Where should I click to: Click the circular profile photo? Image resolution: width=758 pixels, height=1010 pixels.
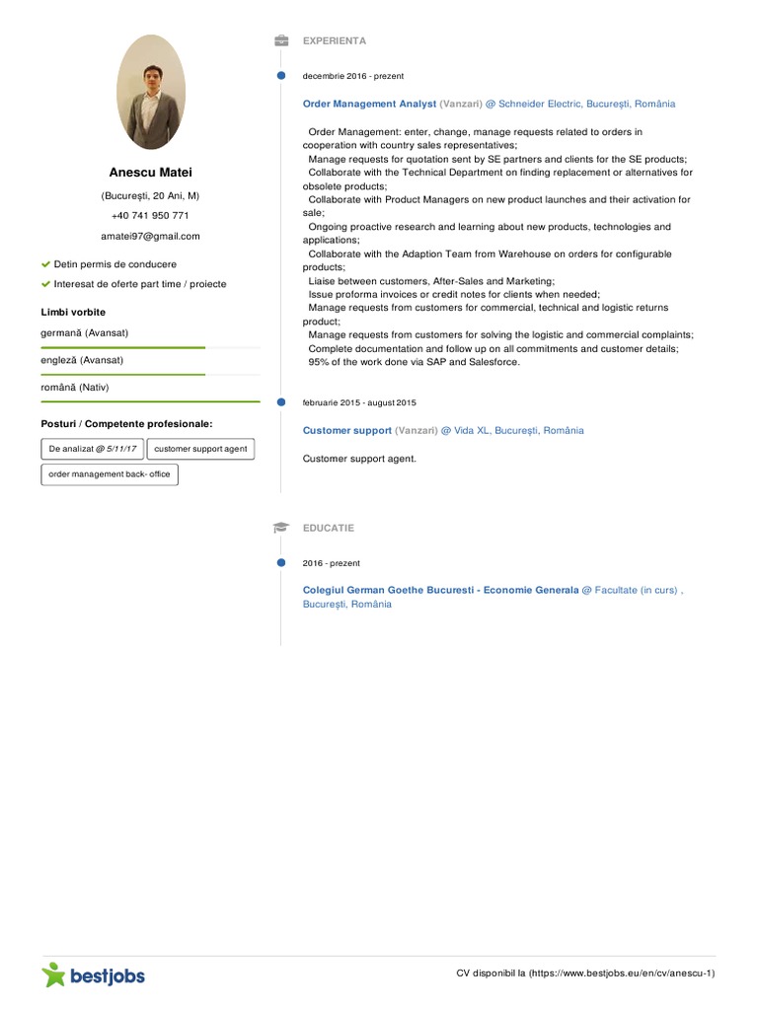coord(151,92)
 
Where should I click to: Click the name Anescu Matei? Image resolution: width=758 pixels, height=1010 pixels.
coord(151,173)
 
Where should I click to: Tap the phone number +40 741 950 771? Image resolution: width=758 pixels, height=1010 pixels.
coord(150,216)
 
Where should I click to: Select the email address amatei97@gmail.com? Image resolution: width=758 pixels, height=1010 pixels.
coord(150,237)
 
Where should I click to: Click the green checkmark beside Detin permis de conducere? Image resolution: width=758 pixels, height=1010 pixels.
coord(45,264)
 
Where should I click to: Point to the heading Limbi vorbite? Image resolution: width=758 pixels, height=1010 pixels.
coord(73,313)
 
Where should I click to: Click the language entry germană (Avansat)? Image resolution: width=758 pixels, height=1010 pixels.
coord(84,333)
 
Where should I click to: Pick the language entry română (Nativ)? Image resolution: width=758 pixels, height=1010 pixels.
coord(75,388)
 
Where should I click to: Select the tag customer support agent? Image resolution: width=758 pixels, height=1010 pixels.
coord(200,449)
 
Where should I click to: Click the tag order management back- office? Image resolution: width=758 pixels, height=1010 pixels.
coord(110,474)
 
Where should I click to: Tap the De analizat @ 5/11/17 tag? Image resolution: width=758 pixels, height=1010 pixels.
coord(93,449)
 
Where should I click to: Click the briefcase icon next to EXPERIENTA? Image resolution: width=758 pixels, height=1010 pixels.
coord(281,41)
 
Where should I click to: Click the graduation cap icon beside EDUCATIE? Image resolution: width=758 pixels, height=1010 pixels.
coord(281,529)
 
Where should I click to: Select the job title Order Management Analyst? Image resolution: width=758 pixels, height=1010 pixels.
coord(369,104)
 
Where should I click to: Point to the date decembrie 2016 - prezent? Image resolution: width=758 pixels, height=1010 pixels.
coord(352,76)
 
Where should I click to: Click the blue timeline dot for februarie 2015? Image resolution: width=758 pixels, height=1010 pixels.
coord(281,402)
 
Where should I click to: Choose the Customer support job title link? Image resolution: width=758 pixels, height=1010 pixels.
coord(347,431)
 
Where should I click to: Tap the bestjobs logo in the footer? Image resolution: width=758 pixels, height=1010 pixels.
coord(94,975)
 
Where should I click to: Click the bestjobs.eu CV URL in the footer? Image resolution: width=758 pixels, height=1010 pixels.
coord(622,974)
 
